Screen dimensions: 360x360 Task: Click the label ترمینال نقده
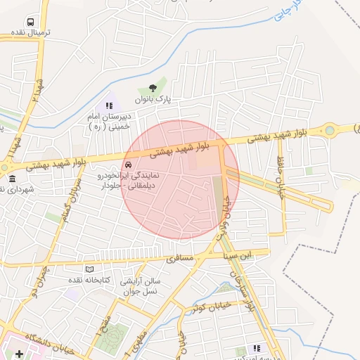[27, 34]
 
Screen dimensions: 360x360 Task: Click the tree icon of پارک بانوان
[153, 89]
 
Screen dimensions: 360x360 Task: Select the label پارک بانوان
[153, 101]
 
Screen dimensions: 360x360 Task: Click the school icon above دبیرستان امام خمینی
[108, 104]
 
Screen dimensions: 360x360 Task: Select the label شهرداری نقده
[15, 190]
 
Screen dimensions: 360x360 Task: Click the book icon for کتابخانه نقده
[89, 269]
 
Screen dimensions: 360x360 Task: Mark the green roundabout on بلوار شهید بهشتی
[329, 130]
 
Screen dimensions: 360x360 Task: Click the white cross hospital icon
[19, 352]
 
